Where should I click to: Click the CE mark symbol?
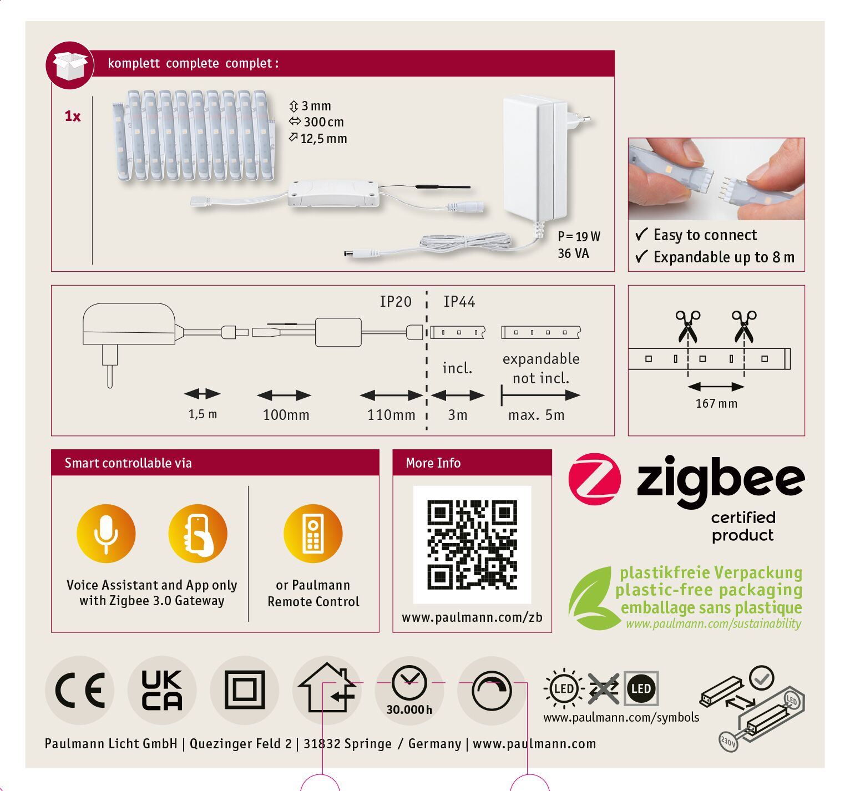coord(80,690)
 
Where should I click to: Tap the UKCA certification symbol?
coord(161,690)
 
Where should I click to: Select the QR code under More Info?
coord(472,545)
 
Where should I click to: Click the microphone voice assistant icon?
coord(106,533)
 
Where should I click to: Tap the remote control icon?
coord(313,533)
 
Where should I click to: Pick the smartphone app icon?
coord(198,533)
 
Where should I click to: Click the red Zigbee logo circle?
coord(594,479)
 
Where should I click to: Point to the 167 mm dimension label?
coord(716,403)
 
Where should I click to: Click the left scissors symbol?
coord(687,326)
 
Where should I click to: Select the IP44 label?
coord(459,302)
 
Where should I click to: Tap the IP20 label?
coord(396,302)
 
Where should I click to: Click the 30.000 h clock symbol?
coord(409,690)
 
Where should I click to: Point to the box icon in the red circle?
coord(70,65)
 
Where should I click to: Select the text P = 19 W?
coord(579,236)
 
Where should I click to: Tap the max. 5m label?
coord(537,415)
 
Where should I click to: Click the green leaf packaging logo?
coord(591,599)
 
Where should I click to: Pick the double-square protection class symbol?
coord(245,690)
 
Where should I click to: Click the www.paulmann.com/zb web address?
coord(472,617)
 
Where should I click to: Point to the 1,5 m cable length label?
coord(203,414)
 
